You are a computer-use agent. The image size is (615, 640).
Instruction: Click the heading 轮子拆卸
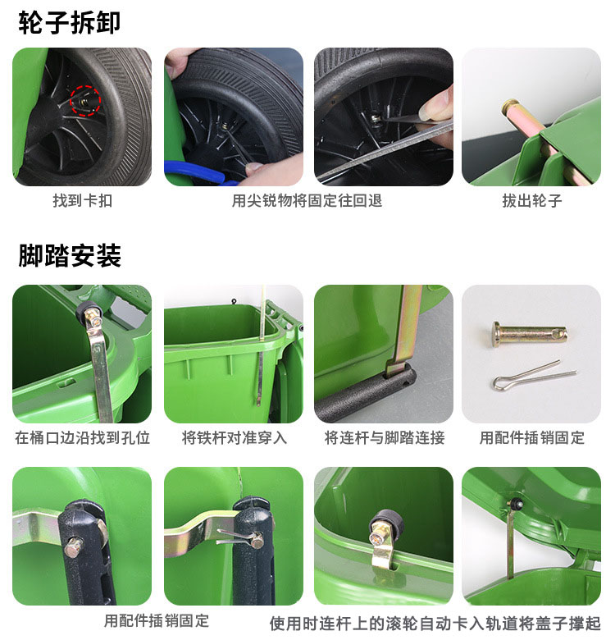pos(70,22)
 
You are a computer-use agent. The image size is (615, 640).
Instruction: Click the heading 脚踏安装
pos(70,255)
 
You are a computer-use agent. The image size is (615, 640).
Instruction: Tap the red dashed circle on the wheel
pos(85,101)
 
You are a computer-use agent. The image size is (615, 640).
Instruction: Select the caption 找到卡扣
pos(82,201)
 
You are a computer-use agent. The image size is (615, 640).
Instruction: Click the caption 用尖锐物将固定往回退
pos(307,201)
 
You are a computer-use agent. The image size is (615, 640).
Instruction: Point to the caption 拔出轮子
pos(532,201)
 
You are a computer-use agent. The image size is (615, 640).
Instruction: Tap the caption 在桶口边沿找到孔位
pos(82,438)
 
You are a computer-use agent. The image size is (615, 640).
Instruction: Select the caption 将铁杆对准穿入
pos(234,438)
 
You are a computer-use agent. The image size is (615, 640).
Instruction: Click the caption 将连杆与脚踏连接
pos(385,438)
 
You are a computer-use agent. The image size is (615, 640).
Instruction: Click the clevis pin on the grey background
pos(530,334)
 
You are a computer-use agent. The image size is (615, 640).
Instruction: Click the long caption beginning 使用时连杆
pos(435,624)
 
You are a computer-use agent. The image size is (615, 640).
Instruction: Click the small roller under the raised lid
pos(517,504)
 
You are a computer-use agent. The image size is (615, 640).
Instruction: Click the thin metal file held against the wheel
pos(385,150)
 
